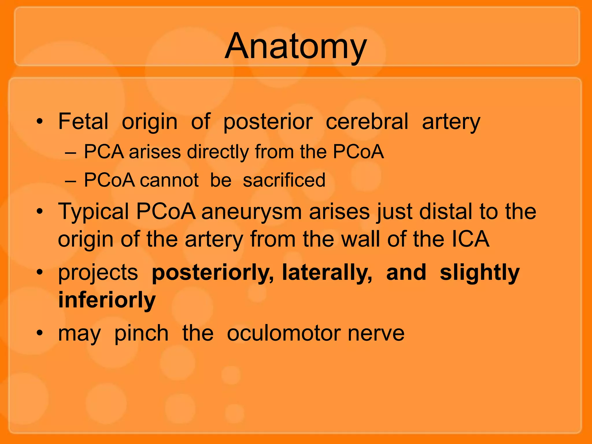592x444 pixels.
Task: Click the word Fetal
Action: coord(83,121)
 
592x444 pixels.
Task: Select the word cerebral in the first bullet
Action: coord(367,121)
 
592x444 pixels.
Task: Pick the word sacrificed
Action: coord(284,180)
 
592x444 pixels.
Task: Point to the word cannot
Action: coord(169,180)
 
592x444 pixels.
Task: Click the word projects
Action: coord(98,273)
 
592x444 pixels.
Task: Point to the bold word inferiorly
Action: coord(107,300)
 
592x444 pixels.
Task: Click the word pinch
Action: coord(141,334)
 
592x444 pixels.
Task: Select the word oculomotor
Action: coord(284,333)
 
